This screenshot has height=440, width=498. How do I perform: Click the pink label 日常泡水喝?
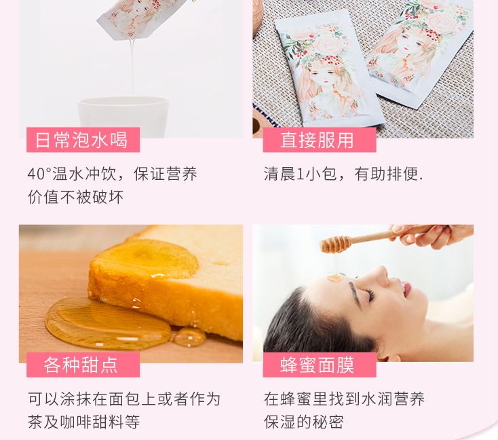point(81,141)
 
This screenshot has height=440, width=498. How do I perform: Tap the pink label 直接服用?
point(318,141)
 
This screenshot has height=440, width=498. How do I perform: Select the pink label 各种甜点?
point(81,365)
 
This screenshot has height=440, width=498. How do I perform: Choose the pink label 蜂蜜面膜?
point(318,365)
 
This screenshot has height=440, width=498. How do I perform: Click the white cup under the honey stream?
point(122,116)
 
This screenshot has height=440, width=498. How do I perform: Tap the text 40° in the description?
point(39,175)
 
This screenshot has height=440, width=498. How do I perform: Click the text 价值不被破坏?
point(75,198)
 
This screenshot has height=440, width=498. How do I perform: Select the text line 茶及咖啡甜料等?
point(84,422)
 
